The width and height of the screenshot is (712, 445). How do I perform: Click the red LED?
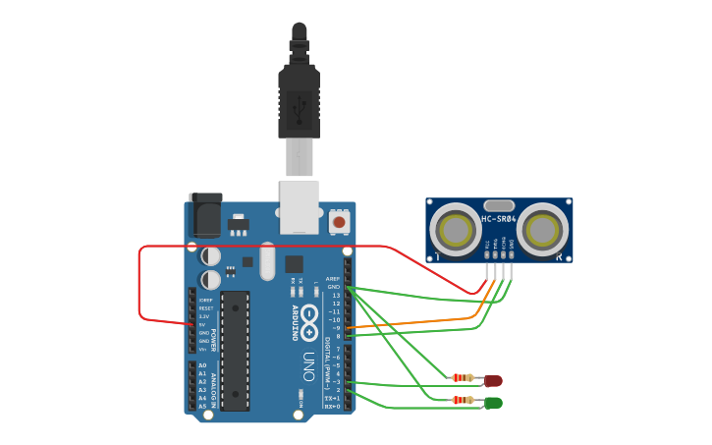tap(492, 380)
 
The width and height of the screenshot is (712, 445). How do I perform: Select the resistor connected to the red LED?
tap(463, 378)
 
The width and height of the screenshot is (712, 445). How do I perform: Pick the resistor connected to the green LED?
tap(463, 400)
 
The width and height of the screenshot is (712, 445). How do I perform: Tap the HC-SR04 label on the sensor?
tap(499, 218)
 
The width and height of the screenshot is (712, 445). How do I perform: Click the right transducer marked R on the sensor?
tap(542, 230)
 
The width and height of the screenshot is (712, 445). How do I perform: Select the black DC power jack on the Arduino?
tap(205, 215)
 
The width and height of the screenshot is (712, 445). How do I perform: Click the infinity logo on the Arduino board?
tap(308, 320)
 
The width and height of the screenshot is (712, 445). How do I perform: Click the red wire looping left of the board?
tap(140, 285)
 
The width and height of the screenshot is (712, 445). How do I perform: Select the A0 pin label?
tap(202, 365)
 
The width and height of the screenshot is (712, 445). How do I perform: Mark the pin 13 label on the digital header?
tap(336, 295)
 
